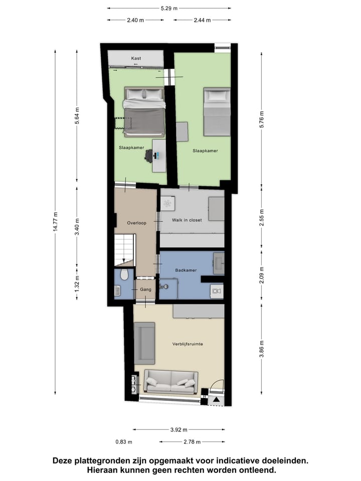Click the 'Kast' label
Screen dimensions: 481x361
(136, 59)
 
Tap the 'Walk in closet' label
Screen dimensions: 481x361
(187, 220)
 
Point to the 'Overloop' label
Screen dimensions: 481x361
(136, 223)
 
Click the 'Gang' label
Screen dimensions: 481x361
(145, 290)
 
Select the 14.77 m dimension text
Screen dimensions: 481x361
(57, 221)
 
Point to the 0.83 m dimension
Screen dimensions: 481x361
(123, 442)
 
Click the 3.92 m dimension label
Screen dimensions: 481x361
(178, 430)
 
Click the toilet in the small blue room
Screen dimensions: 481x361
(124, 276)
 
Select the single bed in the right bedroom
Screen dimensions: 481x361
(217, 111)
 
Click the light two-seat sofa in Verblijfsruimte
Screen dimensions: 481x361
(170, 381)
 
